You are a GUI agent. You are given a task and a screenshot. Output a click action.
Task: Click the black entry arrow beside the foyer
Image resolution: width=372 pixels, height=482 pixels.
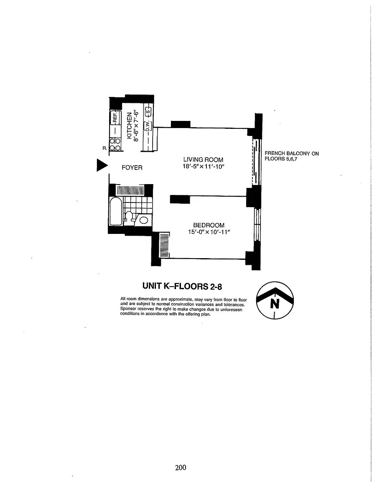[x=102, y=165]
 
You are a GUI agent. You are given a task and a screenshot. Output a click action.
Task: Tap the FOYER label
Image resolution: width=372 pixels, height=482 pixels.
[x=132, y=167]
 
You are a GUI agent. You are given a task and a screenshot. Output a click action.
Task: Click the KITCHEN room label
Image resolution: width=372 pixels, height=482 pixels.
[x=129, y=126]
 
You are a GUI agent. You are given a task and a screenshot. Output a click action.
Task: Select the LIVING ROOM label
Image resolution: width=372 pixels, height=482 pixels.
[x=203, y=159]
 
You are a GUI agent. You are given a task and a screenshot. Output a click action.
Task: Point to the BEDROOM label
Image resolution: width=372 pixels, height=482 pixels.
[x=209, y=225]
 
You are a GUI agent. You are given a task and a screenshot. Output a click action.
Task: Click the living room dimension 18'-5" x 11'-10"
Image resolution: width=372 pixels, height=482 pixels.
[x=204, y=167]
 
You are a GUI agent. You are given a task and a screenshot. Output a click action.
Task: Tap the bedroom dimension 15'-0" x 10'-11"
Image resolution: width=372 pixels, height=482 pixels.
[x=209, y=232]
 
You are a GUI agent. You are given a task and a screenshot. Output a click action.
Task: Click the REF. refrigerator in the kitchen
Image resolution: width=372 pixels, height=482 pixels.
[x=115, y=117]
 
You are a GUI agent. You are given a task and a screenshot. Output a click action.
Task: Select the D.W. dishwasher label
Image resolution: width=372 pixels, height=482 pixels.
[x=148, y=126]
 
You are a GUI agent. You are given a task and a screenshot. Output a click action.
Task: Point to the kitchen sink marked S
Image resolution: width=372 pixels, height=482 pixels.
[x=148, y=111]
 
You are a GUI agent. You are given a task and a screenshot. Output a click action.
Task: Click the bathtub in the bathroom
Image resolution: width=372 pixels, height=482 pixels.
[x=116, y=211]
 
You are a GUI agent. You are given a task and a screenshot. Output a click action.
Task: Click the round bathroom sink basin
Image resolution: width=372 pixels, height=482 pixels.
[x=144, y=220]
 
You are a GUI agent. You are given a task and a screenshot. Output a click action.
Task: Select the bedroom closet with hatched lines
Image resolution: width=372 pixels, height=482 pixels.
[x=164, y=245]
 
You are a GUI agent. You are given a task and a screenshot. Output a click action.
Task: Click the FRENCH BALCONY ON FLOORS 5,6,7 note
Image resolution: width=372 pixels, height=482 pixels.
[x=291, y=156]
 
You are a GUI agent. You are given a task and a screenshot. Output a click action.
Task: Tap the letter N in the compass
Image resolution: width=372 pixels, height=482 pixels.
[x=275, y=303]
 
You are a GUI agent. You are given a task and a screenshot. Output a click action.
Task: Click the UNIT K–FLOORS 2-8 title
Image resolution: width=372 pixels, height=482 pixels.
[x=182, y=286]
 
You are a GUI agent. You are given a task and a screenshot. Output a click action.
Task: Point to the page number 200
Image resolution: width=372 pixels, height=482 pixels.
[x=181, y=467]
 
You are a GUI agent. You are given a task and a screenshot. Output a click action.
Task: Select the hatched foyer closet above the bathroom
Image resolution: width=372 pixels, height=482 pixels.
[x=130, y=190]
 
